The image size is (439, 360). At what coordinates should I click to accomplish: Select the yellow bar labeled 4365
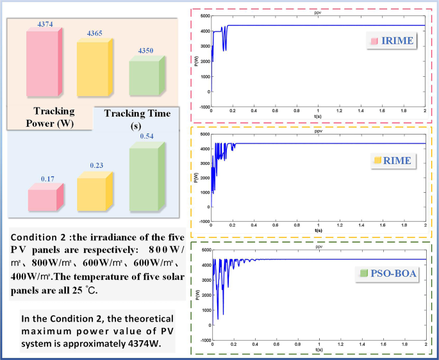pyautogui.click(x=94, y=70)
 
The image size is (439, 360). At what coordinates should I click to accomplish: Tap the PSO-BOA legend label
pyautogui.click(x=388, y=274)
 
